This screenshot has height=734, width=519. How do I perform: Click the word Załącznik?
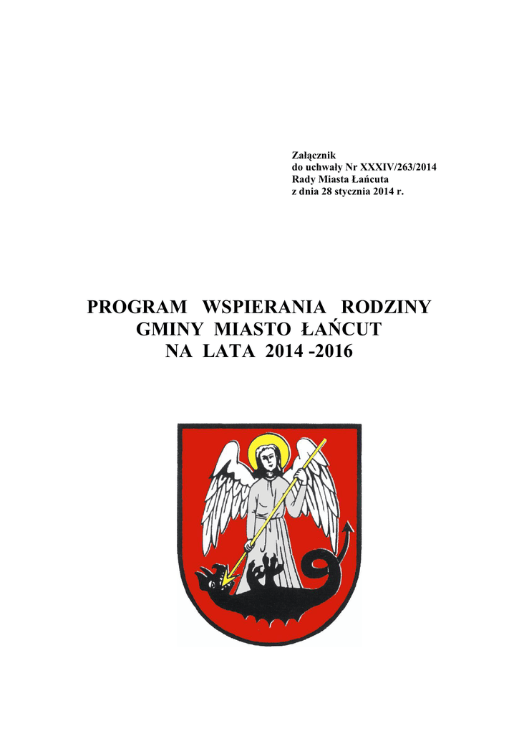click(311, 156)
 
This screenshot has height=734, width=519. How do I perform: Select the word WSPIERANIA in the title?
click(265, 308)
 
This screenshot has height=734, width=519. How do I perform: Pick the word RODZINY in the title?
click(387, 308)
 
